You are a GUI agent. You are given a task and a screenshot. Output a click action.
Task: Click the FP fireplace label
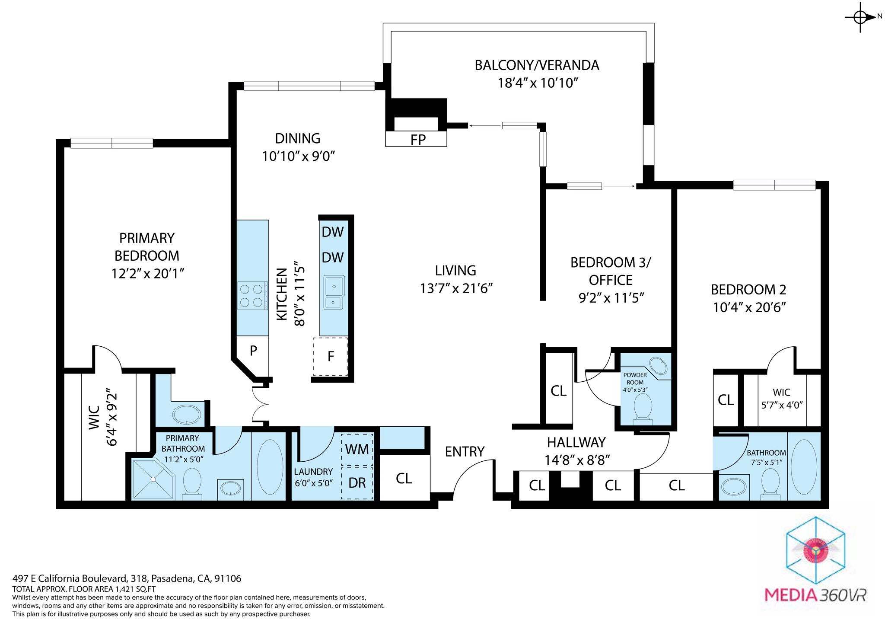pyautogui.click(x=417, y=140)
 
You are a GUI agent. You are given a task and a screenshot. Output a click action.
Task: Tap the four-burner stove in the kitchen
pyautogui.click(x=252, y=296)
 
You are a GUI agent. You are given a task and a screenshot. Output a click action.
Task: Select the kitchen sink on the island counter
pyautogui.click(x=334, y=293)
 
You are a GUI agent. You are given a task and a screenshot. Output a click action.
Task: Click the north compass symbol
pyautogui.click(x=860, y=17)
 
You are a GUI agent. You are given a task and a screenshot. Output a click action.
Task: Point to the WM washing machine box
pyautogui.click(x=357, y=450)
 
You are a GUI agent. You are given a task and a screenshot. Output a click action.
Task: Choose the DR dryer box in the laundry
pyautogui.click(x=357, y=483)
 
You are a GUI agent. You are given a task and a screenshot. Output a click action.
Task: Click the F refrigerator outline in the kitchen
pyautogui.click(x=331, y=357)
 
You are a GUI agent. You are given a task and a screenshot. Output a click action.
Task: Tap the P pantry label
pyautogui.click(x=253, y=351)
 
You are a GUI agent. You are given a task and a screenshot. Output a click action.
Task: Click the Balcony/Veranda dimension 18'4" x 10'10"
pyautogui.click(x=537, y=83)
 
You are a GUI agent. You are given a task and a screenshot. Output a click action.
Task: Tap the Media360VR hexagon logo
pyautogui.click(x=815, y=550)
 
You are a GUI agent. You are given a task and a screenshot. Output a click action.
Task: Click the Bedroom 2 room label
pyautogui.click(x=748, y=289)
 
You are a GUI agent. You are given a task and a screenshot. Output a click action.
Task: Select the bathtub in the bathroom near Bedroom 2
pyautogui.click(x=804, y=467)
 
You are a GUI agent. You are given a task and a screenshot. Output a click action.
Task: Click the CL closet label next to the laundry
pyautogui.click(x=404, y=478)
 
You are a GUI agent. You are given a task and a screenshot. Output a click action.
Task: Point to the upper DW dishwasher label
pyautogui.click(x=332, y=232)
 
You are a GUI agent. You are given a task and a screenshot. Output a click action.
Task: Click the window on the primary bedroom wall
pyautogui.click(x=111, y=143)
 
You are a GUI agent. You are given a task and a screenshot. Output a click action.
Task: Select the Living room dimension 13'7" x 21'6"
pyautogui.click(x=456, y=288)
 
